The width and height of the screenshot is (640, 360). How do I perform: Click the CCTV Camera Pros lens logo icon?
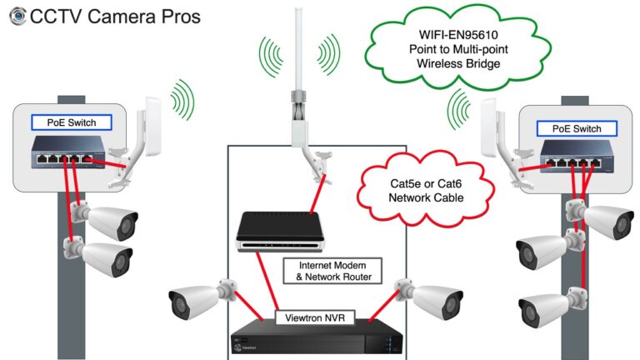[17, 16]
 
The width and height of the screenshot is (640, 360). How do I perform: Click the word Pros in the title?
[181, 17]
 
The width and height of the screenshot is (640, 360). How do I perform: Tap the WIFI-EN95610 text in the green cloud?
[458, 35]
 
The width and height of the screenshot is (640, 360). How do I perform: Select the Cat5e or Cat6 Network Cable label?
[426, 191]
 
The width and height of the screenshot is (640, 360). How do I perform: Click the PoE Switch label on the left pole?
[72, 122]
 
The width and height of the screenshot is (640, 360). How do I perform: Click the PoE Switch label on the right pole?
[577, 128]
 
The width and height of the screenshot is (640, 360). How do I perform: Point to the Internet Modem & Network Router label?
[332, 271]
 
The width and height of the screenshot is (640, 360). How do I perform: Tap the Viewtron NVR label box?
[315, 317]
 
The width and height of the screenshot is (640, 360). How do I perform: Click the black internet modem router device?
[280, 231]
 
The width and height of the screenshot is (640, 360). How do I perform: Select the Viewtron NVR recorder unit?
[317, 338]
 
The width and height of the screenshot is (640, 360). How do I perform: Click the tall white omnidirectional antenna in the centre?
[299, 77]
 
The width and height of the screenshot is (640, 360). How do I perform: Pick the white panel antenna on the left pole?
[152, 126]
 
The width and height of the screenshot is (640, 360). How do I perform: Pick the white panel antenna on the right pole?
[488, 127]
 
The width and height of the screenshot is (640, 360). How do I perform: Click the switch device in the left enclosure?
[68, 152]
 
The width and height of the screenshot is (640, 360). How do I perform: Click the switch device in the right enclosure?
[577, 157]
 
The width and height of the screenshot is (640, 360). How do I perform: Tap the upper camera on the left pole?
[105, 221]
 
